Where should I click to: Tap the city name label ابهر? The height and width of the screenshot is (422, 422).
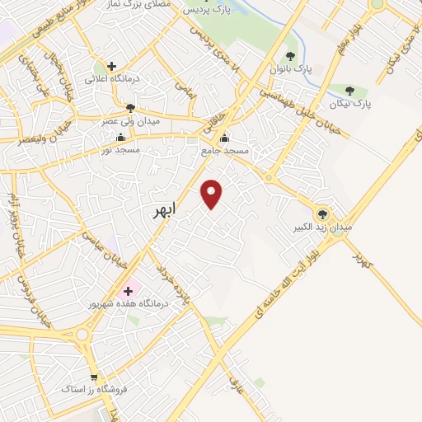click(x=164, y=211)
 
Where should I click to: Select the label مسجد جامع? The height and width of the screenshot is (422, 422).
click(x=223, y=152)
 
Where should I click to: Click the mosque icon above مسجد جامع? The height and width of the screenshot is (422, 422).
click(x=224, y=138)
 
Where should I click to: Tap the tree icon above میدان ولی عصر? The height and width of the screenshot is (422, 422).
click(x=129, y=108)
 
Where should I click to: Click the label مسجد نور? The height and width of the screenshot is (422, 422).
click(x=120, y=151)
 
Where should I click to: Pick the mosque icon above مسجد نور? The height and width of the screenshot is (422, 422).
click(x=121, y=138)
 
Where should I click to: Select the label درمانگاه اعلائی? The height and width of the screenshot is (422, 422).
click(x=112, y=80)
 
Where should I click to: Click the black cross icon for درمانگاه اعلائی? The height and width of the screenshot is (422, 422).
click(x=112, y=66)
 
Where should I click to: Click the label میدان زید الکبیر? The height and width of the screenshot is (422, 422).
click(x=324, y=226)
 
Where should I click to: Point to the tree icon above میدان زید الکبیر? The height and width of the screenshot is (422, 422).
click(x=322, y=212)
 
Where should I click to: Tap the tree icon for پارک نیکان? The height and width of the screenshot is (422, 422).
click(x=350, y=91)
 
